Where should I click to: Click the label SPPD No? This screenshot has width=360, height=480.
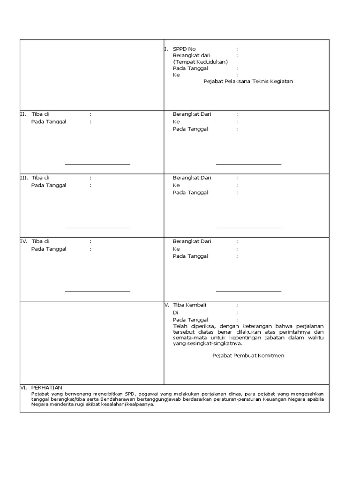(x=184, y=49)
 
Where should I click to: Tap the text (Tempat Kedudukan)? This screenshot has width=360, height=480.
(x=200, y=62)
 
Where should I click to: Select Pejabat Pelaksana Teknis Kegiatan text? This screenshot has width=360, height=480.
(x=248, y=82)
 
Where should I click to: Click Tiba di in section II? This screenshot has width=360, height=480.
(x=40, y=114)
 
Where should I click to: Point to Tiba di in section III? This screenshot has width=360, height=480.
(x=40, y=178)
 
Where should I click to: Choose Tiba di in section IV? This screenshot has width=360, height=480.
(x=40, y=241)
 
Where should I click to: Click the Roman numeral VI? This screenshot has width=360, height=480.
(x=23, y=388)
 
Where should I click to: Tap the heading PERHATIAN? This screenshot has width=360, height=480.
(x=47, y=388)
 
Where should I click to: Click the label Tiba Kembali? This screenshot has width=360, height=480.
(x=189, y=305)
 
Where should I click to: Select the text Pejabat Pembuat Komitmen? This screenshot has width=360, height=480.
(x=248, y=356)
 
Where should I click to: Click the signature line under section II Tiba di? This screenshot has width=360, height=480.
(x=97, y=165)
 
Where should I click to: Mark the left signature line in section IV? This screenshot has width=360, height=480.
(x=97, y=292)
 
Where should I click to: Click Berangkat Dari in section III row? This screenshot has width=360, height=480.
(x=192, y=178)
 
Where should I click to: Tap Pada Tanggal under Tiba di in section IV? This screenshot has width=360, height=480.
(x=49, y=249)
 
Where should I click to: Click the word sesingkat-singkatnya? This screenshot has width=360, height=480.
(x=216, y=344)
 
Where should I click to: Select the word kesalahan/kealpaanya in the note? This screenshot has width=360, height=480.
(x=127, y=405)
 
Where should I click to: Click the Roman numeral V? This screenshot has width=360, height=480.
(x=166, y=305)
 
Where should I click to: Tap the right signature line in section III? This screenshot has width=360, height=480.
(x=248, y=228)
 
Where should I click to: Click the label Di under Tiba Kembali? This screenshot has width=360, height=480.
(x=176, y=313)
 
